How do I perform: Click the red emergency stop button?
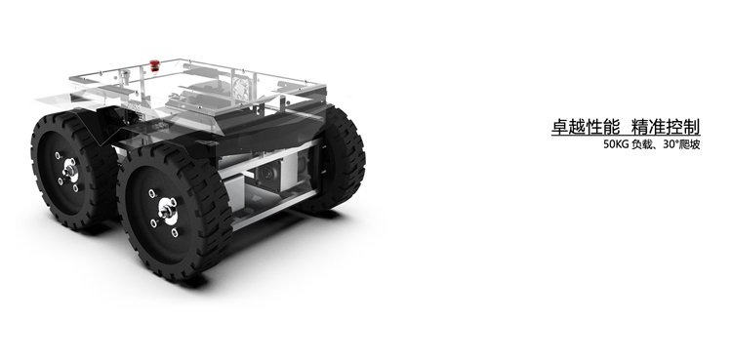[x=154, y=65]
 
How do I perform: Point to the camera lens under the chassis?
[x=268, y=174]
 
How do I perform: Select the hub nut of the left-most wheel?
[x=70, y=171]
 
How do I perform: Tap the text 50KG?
[x=616, y=144]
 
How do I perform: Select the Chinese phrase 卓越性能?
[x=586, y=127]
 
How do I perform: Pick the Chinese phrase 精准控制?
[x=666, y=127]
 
